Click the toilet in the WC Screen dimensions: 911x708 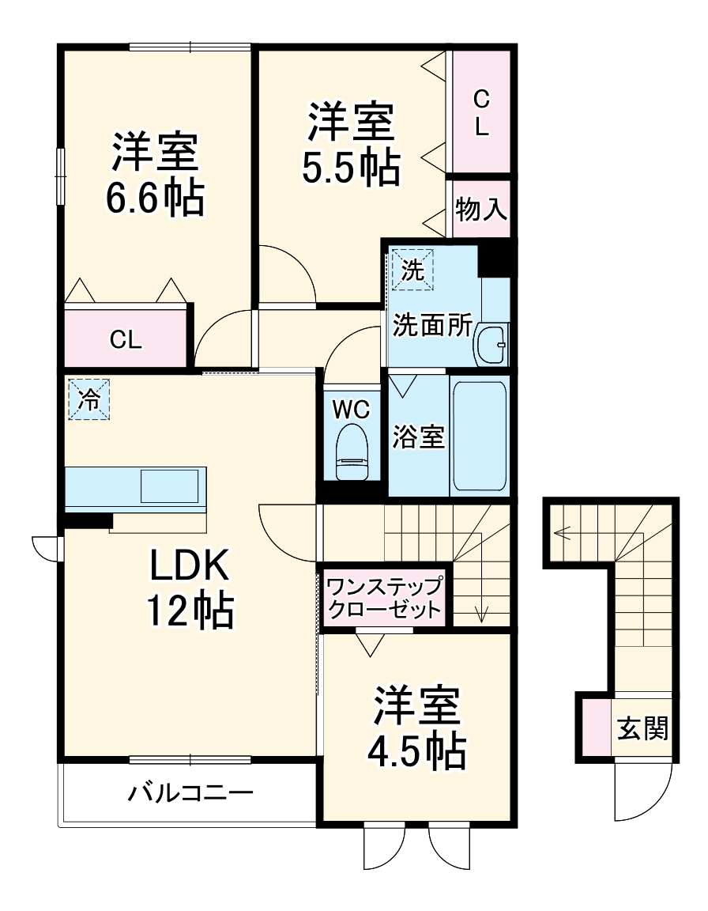coord(352,452)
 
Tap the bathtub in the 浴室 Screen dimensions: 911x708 coord(479,436)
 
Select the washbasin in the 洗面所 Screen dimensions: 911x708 coord(492,345)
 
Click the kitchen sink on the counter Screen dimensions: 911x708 coord(168,486)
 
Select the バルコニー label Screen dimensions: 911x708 coord(191,793)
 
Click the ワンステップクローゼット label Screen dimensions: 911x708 coord(385,598)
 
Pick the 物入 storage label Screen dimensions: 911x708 coord(480,210)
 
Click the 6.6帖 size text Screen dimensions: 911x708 coord(155,198)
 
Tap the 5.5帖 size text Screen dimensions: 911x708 coord(350,167)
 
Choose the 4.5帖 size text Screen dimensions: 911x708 coord(416,752)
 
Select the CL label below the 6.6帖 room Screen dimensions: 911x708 coord(126,340)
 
